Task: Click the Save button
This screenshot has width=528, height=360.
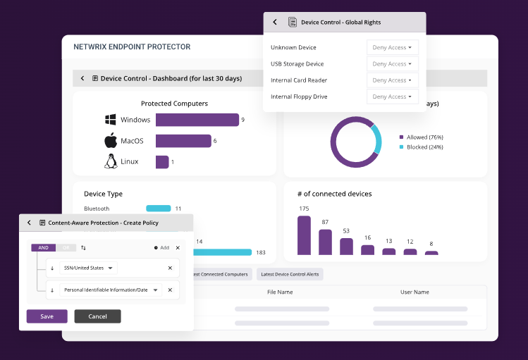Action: tap(47, 316)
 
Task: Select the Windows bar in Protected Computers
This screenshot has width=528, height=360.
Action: tap(197, 120)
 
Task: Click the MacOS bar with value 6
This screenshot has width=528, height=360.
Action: tap(183, 141)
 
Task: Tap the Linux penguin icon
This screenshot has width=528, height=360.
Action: tap(110, 161)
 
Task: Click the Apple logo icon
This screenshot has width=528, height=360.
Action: tap(110, 140)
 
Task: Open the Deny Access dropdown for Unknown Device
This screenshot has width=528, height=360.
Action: tap(392, 48)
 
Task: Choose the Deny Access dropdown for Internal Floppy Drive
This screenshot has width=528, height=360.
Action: tap(392, 97)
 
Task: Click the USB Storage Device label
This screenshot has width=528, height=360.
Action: tap(297, 64)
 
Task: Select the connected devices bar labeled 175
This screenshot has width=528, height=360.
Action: tap(304, 235)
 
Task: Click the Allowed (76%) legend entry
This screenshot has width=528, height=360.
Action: tap(421, 137)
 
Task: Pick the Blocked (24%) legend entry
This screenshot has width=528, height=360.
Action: tap(421, 147)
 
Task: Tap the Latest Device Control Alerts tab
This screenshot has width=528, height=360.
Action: tap(290, 274)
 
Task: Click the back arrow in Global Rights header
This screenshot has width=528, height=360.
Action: tap(275, 23)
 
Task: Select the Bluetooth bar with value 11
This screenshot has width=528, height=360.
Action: tap(158, 209)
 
